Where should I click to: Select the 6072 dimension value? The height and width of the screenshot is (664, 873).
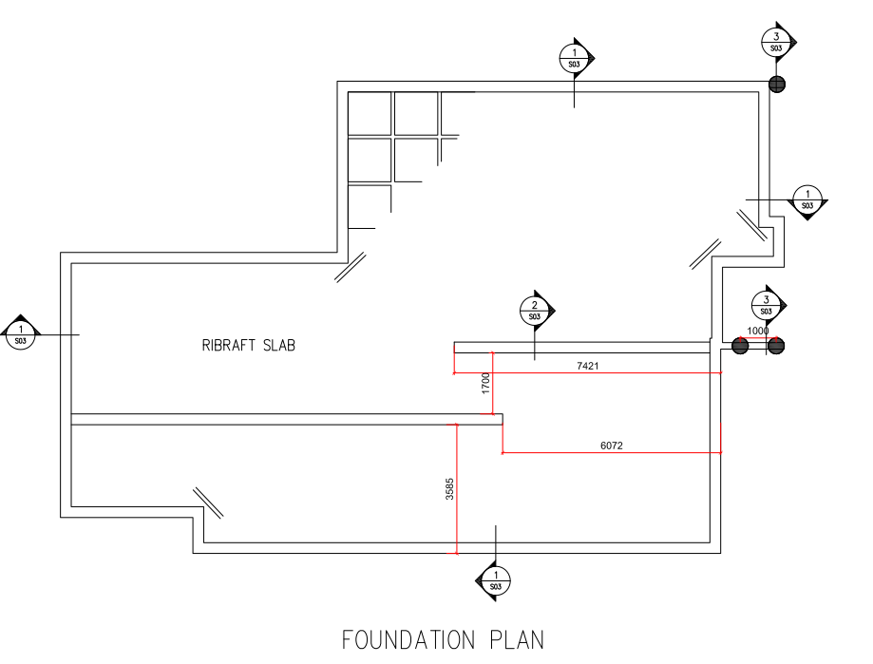pos(612,445)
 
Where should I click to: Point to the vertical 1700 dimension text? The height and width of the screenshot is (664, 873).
pos(485,384)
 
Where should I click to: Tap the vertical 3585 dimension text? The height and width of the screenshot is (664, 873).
pos(449,488)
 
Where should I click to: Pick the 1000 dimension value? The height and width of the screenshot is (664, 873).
pos(758,331)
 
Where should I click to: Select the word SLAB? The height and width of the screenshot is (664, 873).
pos(279,345)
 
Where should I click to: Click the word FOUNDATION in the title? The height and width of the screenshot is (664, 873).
pos(407,639)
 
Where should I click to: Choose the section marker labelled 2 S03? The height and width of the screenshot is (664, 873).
pos(535,310)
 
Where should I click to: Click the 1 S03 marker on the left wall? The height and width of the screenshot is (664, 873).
pos(21,333)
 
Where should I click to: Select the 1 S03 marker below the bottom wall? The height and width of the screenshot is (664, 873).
pos(495,580)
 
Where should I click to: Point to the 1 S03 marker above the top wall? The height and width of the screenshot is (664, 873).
pos(574,58)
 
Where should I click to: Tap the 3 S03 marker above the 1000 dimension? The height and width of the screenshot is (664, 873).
pos(766,305)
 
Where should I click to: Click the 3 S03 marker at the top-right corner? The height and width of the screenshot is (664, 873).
pos(776,42)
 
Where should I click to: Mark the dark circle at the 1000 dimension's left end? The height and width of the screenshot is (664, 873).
pos(741,347)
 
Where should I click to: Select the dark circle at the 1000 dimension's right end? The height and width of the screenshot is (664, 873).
pos(776,347)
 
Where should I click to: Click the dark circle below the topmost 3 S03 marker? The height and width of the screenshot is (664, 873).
pos(777,85)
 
